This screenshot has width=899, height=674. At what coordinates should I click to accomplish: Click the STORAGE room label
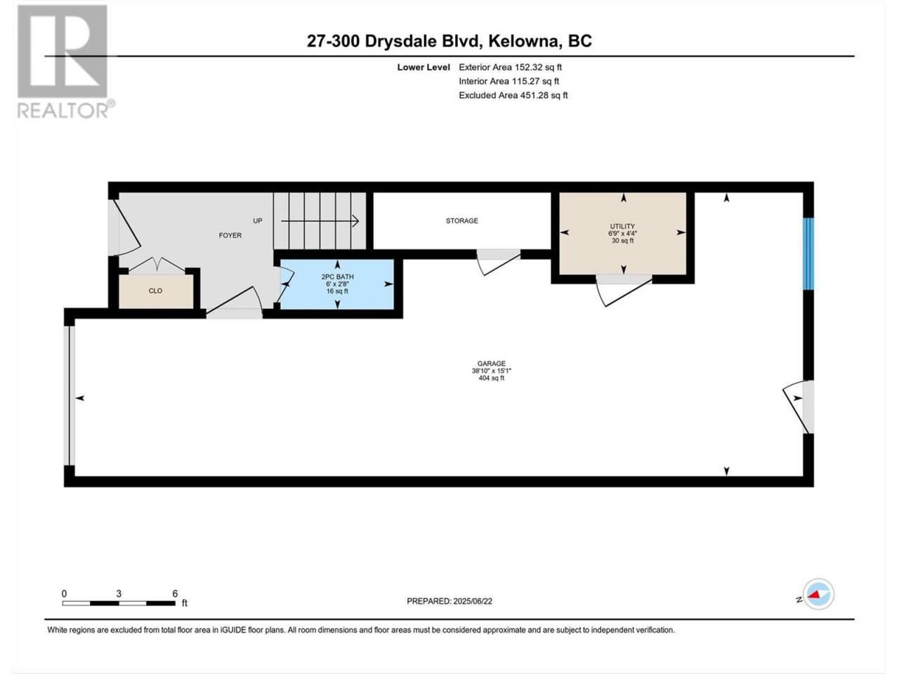click(461, 221)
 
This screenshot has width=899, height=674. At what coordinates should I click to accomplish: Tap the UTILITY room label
click(622, 226)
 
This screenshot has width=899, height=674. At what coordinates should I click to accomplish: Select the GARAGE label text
click(491, 364)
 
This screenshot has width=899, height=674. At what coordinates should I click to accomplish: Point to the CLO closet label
click(155, 291)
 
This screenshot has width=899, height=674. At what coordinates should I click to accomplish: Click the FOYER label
click(230, 235)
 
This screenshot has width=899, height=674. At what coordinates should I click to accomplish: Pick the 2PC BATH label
click(337, 277)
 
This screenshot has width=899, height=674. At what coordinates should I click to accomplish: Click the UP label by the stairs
click(257, 221)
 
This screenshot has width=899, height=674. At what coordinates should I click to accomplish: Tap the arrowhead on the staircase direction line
click(355, 221)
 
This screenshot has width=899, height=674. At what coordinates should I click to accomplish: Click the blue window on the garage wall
click(808, 253)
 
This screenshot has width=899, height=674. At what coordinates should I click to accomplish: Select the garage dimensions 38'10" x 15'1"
click(491, 371)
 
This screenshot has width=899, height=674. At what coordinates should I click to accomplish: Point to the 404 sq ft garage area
click(491, 378)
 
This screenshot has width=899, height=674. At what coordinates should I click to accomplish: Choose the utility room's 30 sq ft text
click(622, 241)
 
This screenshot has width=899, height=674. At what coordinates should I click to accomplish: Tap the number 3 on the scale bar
click(119, 594)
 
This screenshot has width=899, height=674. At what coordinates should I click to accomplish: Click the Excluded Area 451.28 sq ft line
click(513, 95)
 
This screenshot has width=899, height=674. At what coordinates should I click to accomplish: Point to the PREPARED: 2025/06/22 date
click(449, 601)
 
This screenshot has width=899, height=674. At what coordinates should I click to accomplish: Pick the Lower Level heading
click(424, 67)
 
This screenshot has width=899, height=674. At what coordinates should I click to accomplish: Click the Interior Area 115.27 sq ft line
click(508, 81)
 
